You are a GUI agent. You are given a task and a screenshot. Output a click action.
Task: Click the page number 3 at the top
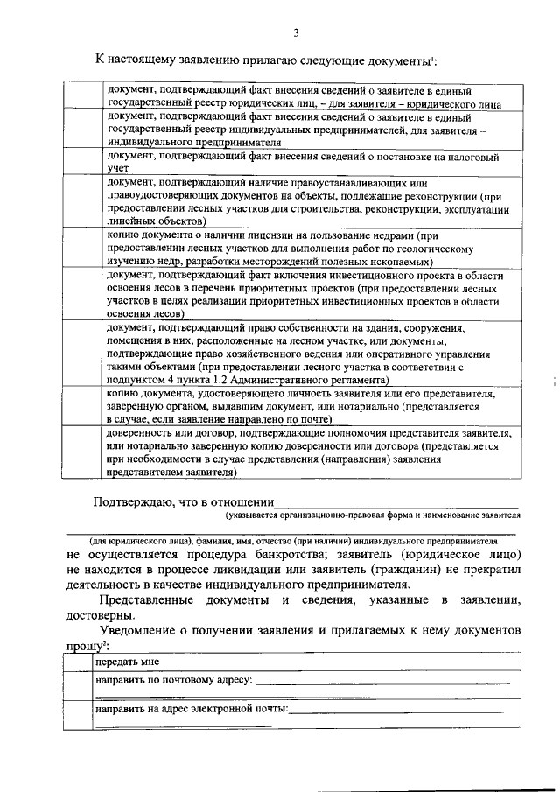tap(296, 33)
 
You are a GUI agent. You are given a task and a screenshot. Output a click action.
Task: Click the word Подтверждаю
tap(134, 501)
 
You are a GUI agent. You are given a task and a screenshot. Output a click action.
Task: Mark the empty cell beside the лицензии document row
tap(84, 249)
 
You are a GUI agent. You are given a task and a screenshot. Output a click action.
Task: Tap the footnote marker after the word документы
tap(434, 57)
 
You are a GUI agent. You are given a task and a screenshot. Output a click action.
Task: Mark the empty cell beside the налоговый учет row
tap(84, 162)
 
